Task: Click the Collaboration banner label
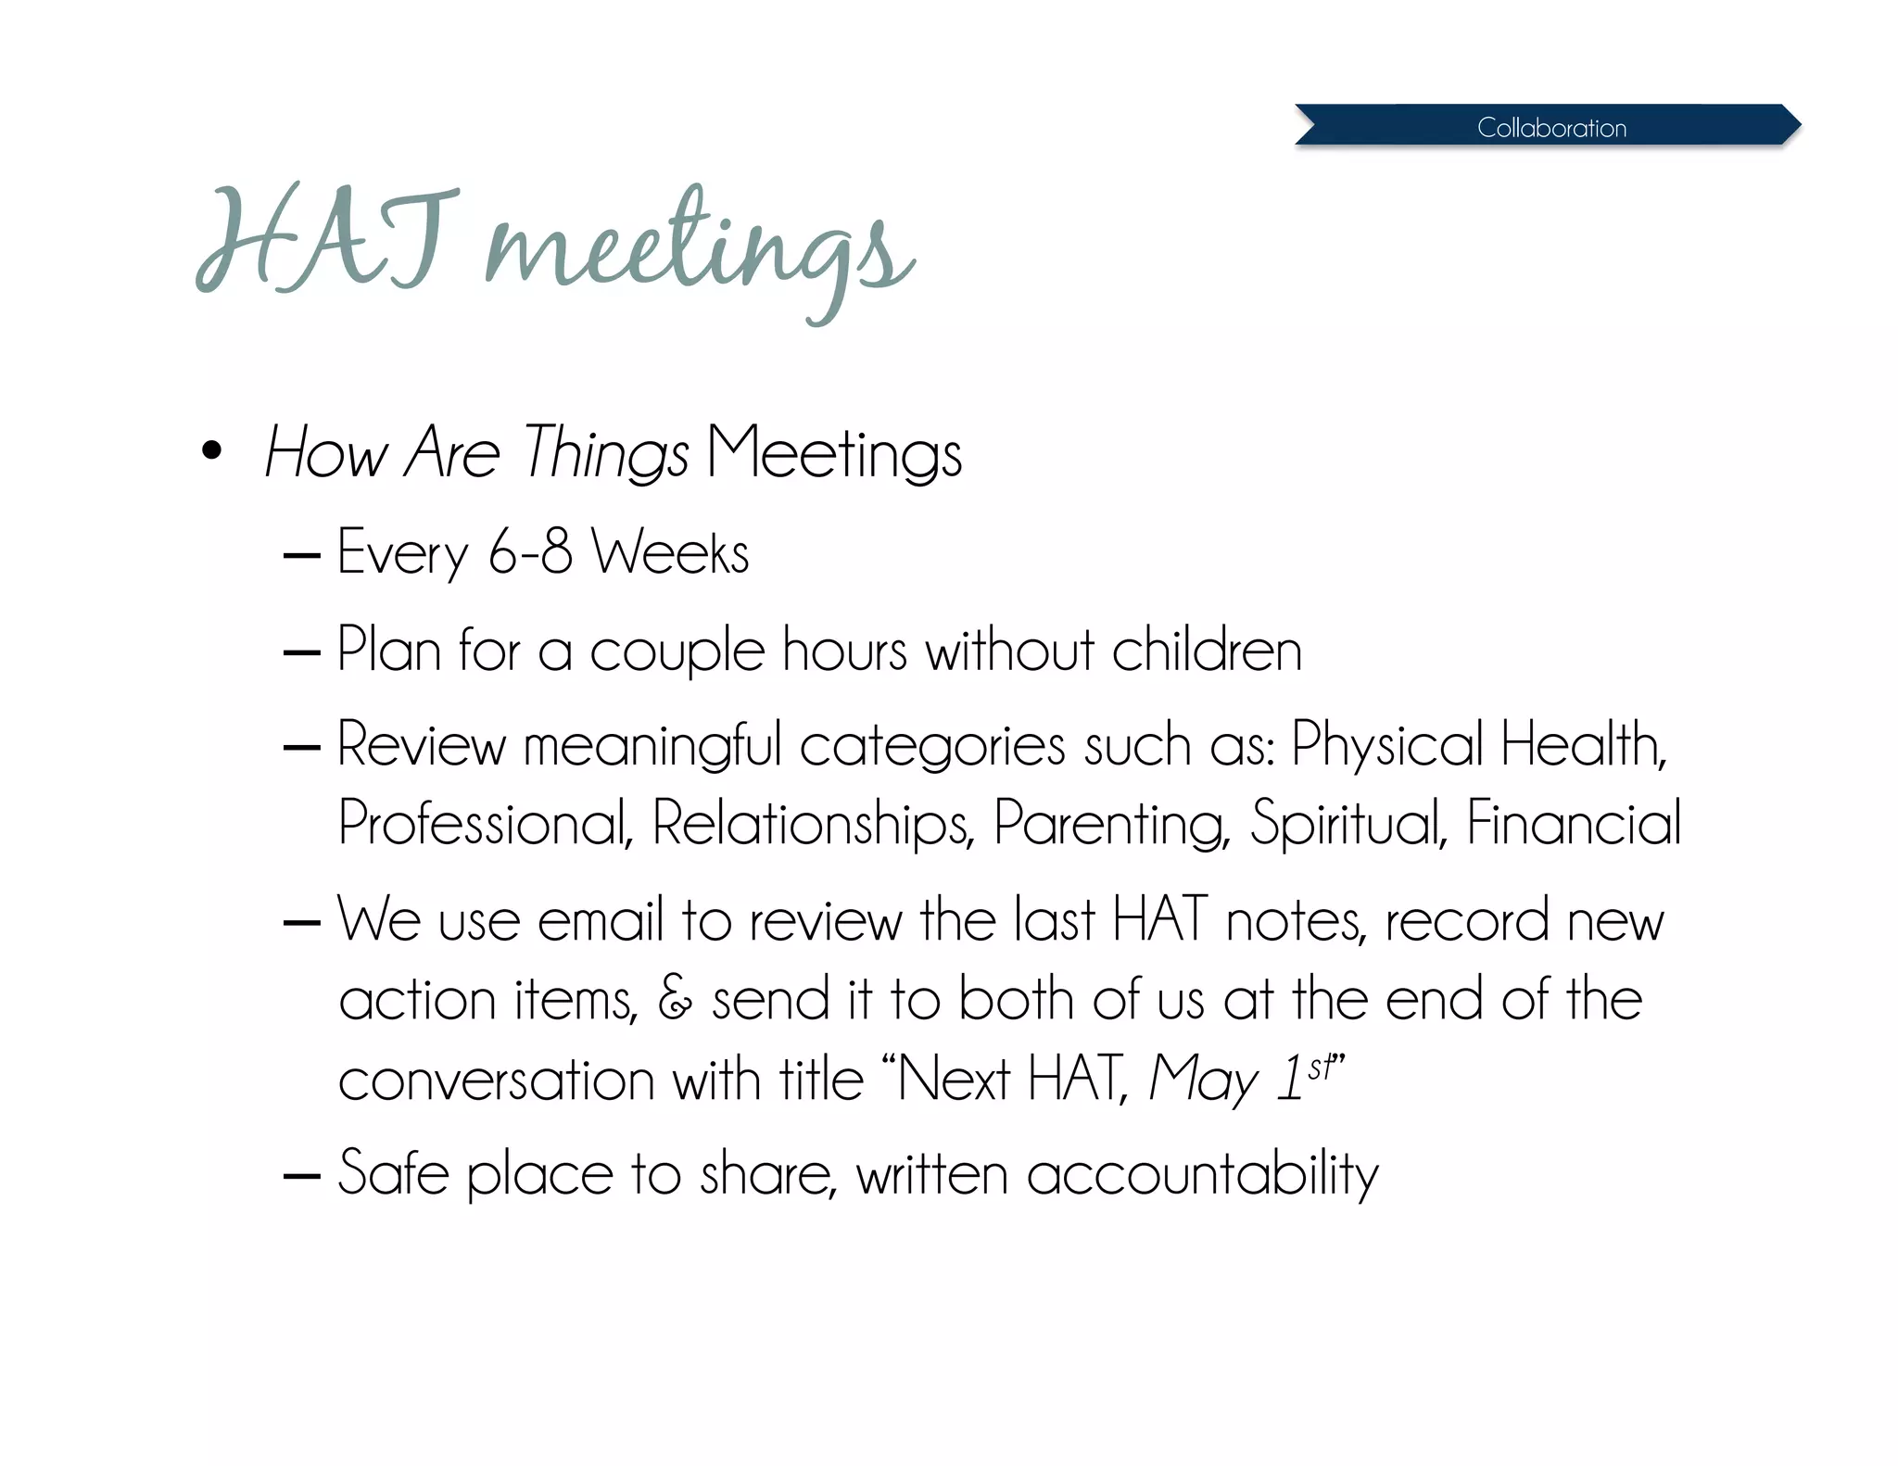coord(1551,127)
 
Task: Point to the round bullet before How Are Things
coord(212,451)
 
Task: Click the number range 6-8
coord(530,551)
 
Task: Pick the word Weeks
coord(670,552)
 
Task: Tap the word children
coord(1207,649)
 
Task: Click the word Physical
coord(1387,744)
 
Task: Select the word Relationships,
coord(814,823)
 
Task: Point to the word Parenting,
coord(1111,823)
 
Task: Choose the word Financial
coord(1574,823)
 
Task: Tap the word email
coord(601,920)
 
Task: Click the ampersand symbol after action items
coord(675,999)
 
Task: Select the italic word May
coord(1203,1080)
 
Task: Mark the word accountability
coord(1202,1174)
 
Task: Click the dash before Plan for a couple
coord(301,652)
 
